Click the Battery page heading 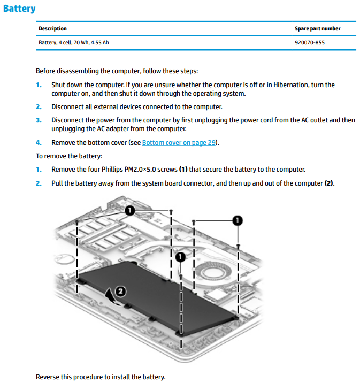click(19, 9)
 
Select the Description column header click(52, 29)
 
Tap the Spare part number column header click(317, 29)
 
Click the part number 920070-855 click(310, 42)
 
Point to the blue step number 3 click(39, 120)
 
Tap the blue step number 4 click(39, 142)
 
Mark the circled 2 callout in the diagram click(120, 292)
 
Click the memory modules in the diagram click(107, 235)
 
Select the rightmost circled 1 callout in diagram click(237, 220)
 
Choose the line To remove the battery click(68, 156)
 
